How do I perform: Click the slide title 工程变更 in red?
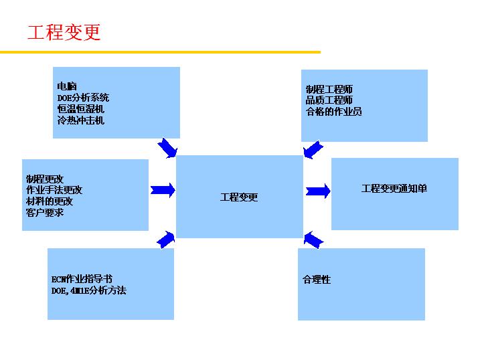(64, 33)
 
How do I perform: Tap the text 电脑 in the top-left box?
(67, 86)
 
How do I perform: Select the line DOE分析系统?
(83, 98)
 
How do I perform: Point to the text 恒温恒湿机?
(81, 109)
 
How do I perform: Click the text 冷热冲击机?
(81, 120)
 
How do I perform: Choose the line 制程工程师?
(329, 89)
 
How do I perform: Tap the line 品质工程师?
(329, 100)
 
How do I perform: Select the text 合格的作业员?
(334, 112)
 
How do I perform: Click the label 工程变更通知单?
(394, 189)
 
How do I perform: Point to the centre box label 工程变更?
(239, 197)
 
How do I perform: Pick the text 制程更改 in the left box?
(45, 179)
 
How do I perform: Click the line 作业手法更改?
(54, 190)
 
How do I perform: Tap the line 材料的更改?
(50, 201)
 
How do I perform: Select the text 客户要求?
(45, 213)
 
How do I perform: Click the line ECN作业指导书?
(82, 279)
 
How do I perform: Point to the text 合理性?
(317, 280)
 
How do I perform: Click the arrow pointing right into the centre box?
(163, 191)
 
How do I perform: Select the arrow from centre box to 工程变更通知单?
(317, 191)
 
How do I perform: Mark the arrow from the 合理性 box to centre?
(313, 238)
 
